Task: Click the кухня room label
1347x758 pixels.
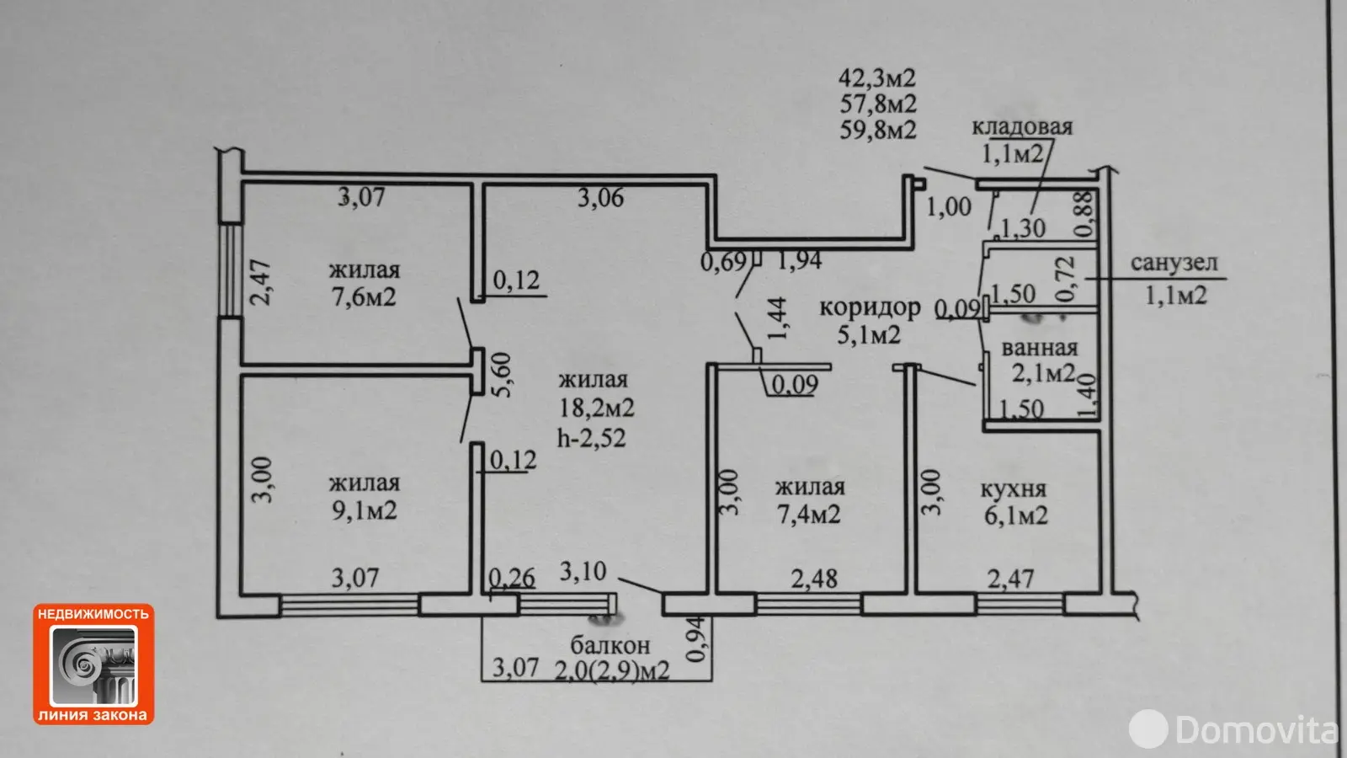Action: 1014,489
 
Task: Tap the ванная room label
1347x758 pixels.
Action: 1040,349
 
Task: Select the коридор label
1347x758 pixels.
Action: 870,307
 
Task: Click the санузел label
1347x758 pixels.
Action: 1174,263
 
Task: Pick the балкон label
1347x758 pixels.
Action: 610,645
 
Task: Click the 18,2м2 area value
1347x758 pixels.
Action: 597,408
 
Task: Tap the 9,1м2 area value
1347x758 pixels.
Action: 365,510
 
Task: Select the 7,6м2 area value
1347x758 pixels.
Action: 364,296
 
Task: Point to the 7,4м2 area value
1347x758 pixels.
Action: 809,515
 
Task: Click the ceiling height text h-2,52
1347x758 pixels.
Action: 592,437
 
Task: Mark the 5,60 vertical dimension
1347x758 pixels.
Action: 502,375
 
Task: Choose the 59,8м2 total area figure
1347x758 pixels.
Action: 878,130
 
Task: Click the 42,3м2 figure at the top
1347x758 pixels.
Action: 877,77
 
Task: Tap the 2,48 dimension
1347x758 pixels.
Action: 814,579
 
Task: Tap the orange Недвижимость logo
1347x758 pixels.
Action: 93,665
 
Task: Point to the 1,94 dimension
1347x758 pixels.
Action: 799,260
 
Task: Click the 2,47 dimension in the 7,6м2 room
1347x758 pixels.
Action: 260,282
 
